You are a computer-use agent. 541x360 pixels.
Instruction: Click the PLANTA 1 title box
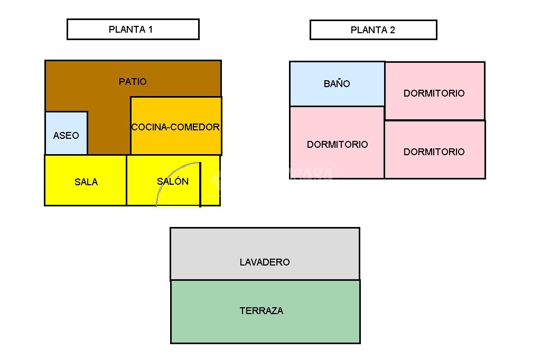point(133,30)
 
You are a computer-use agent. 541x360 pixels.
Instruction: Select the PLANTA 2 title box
point(373,30)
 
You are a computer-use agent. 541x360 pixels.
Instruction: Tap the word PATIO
point(133,82)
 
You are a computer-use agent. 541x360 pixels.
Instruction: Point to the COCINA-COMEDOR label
point(175,127)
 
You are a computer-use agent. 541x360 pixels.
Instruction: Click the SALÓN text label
point(173,182)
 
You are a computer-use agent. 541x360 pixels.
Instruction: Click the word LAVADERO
point(265,262)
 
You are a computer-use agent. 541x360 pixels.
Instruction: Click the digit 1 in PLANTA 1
point(150,30)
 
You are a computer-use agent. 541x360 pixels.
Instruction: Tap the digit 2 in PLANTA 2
point(393,30)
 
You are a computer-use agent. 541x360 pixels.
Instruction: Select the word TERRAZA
point(262,311)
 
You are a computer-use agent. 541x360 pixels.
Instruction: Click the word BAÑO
point(337,84)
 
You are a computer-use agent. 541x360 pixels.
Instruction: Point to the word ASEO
point(66,136)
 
